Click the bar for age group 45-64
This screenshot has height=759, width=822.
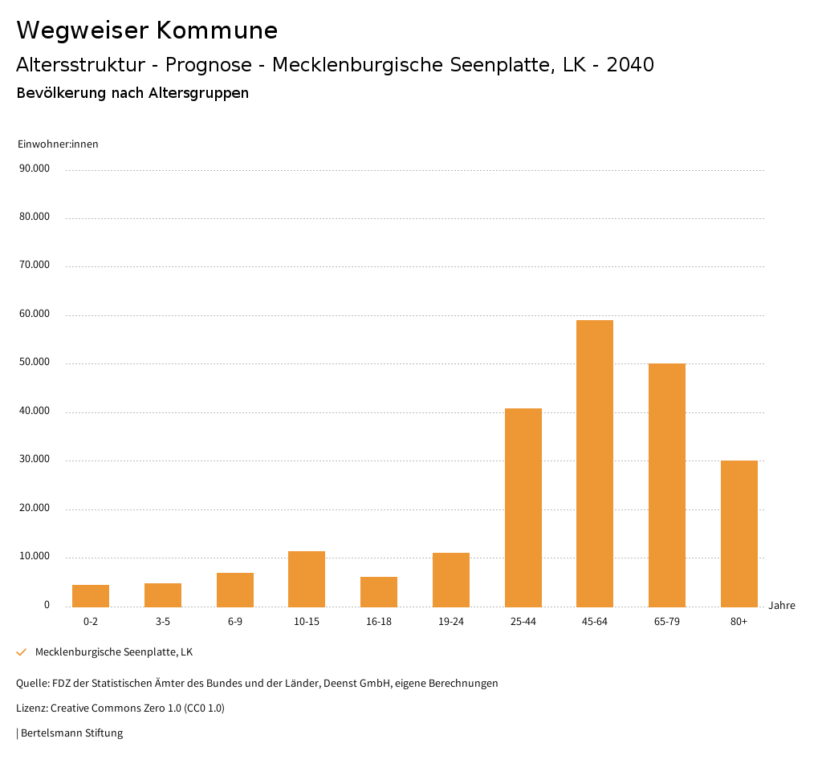tap(595, 463)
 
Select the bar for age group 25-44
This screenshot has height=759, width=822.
tap(523, 507)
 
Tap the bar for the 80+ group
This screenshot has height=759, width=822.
tap(739, 534)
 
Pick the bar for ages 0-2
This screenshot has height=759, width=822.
tap(91, 596)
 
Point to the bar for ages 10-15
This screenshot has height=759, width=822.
tap(307, 578)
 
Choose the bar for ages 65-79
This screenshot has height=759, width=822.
tap(667, 485)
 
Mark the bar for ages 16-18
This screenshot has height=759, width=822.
tap(379, 591)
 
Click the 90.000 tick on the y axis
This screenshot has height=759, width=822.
tap(35, 168)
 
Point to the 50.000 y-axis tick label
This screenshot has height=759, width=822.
tap(35, 363)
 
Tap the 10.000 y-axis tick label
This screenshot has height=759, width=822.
tap(35, 557)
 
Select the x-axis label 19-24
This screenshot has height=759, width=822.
tap(451, 622)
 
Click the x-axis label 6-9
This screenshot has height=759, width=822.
tap(235, 622)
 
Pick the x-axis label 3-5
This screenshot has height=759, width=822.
tap(163, 622)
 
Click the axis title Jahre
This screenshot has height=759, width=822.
tap(782, 606)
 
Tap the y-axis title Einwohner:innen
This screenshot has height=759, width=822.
tap(58, 144)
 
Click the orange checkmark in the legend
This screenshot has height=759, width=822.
tap(22, 652)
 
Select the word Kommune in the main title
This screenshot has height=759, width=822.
tap(217, 30)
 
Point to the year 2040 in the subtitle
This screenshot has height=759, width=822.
tap(630, 65)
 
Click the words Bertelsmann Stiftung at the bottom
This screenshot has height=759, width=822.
tap(71, 733)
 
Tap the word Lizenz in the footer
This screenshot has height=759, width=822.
tap(31, 708)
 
